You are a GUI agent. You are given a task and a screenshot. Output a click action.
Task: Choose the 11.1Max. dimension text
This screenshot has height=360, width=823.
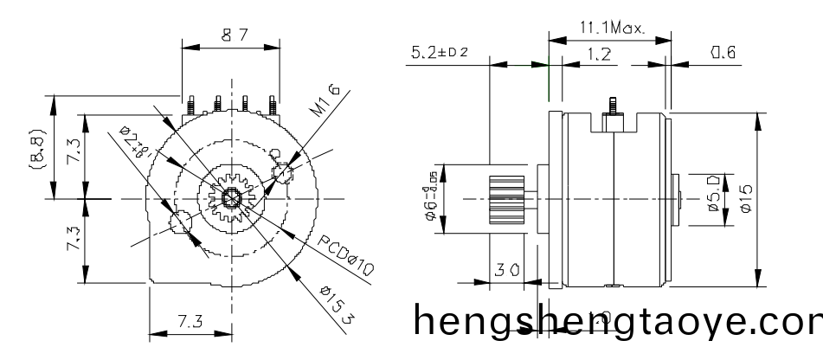click(x=611, y=28)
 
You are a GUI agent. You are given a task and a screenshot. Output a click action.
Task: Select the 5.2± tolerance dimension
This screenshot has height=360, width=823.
click(x=439, y=54)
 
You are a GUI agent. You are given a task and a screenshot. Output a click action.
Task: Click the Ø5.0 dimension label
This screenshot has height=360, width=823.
click(x=712, y=199)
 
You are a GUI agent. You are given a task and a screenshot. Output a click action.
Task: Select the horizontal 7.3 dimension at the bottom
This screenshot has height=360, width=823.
click(x=191, y=322)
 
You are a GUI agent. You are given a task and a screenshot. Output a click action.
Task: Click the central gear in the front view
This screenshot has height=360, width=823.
click(x=231, y=198)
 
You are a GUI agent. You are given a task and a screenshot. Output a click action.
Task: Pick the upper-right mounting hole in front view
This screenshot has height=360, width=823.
click(x=283, y=171)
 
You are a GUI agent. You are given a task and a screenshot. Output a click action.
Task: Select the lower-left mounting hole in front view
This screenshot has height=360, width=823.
click(x=181, y=223)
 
